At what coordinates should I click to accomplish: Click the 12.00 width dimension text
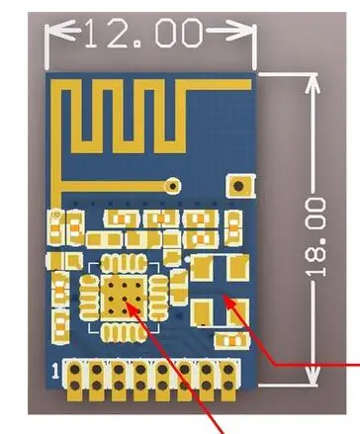click(143, 33)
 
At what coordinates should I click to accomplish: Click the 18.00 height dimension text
click(315, 236)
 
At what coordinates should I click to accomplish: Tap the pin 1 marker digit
click(56, 370)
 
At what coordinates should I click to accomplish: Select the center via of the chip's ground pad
click(125, 299)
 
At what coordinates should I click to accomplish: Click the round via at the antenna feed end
click(172, 186)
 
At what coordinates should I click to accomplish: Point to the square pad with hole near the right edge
click(239, 186)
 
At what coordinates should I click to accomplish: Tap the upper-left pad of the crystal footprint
click(202, 268)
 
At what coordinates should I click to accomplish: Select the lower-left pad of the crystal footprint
click(202, 311)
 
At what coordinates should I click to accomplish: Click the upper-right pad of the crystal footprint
click(238, 268)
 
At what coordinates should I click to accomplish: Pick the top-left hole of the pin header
click(74, 369)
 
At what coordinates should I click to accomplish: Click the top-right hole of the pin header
click(227, 369)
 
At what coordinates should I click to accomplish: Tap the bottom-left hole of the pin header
click(74, 385)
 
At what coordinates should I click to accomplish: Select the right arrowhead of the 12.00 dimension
click(238, 31)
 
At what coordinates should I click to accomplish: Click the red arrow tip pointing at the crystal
click(225, 297)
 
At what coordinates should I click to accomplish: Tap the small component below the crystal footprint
click(232, 340)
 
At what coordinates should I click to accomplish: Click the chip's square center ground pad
click(124, 298)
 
